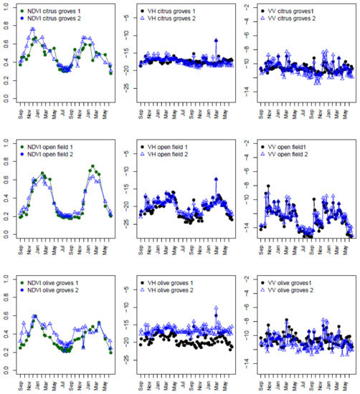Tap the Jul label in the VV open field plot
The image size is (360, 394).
click(x=307, y=247)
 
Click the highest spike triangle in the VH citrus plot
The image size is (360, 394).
click(x=217, y=41)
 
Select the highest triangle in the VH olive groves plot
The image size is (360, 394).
click(x=216, y=309)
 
